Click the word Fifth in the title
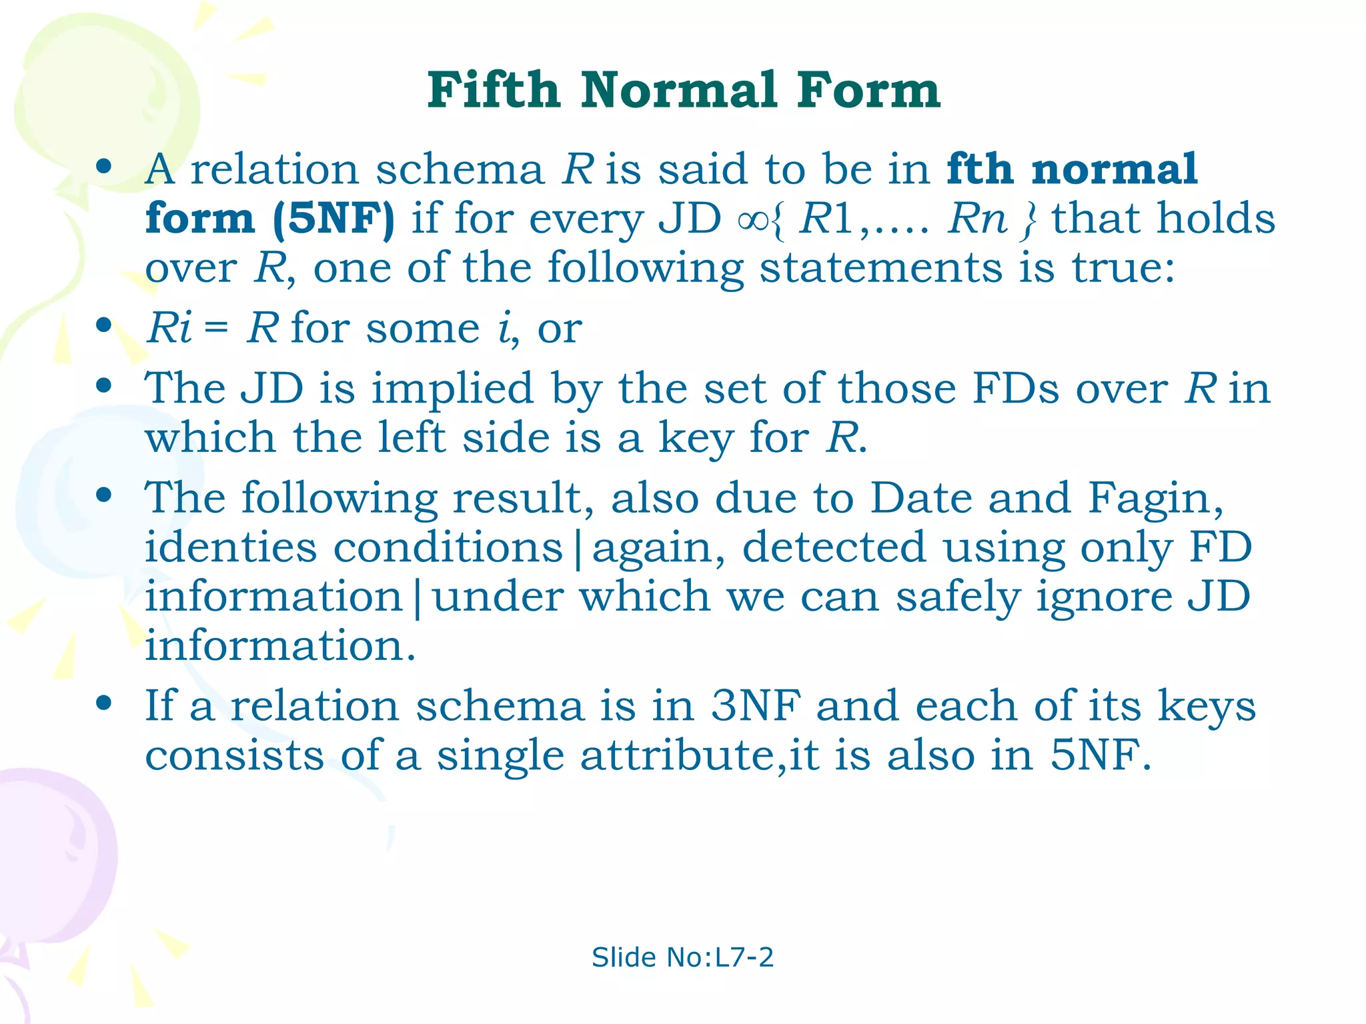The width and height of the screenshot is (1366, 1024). [x=494, y=90]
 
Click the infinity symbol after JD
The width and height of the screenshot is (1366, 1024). [x=754, y=220]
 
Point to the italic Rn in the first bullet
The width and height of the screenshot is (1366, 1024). [x=977, y=218]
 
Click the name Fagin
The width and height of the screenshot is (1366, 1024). [x=1154, y=498]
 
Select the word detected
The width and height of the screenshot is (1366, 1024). [x=834, y=547]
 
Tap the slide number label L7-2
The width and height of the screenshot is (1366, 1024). [x=744, y=957]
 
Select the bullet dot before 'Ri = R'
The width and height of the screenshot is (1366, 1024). [x=103, y=326]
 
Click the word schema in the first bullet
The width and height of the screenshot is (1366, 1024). [x=460, y=169]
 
